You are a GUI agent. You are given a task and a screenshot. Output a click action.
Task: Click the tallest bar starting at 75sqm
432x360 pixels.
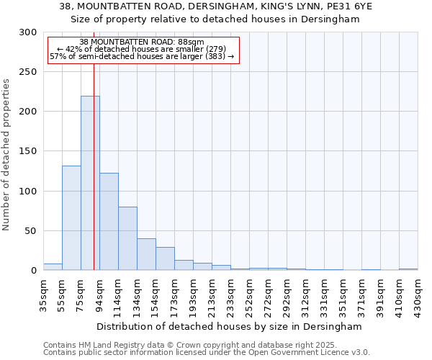(x=90, y=183)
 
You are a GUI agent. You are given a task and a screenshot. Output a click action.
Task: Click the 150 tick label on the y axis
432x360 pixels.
(x=28, y=151)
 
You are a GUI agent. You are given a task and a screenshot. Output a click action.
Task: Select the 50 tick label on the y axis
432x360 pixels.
(x=31, y=231)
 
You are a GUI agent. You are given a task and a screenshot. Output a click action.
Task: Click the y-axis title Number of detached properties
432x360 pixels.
(x=6, y=155)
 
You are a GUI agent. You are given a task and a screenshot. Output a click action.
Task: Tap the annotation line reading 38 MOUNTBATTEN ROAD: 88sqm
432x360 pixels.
(x=142, y=42)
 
